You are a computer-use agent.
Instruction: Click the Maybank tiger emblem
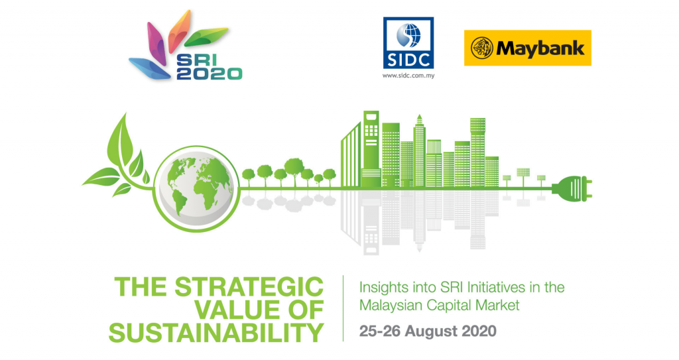(x=481, y=48)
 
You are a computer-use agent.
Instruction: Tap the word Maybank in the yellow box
(x=538, y=48)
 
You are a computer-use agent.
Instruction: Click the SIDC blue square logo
(x=408, y=43)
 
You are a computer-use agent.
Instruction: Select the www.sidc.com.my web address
(x=408, y=76)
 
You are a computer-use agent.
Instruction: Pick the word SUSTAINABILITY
(x=216, y=333)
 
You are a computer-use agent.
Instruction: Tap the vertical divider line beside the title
(x=343, y=308)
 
